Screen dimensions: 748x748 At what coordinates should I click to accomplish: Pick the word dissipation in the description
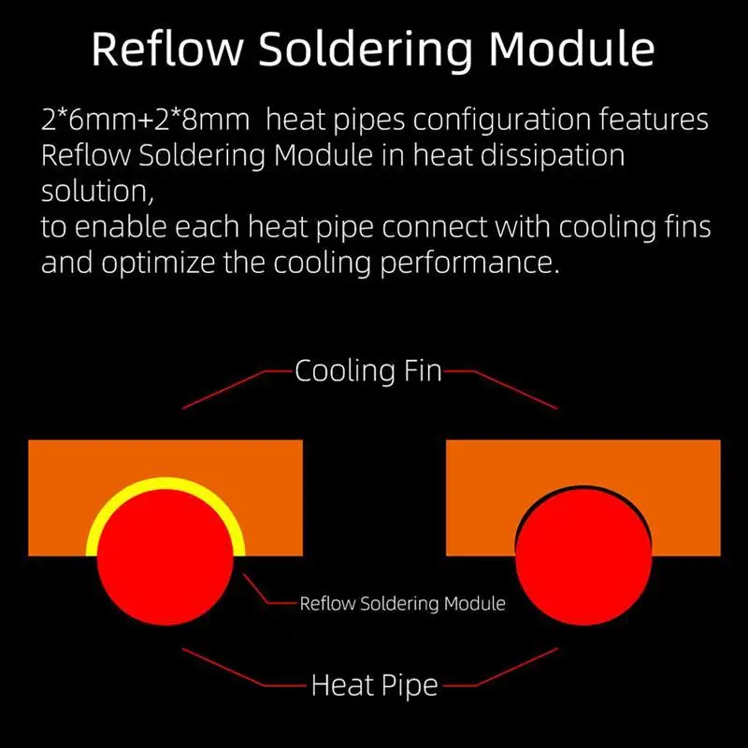tap(547, 155)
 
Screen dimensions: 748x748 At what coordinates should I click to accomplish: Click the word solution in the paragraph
tap(93, 191)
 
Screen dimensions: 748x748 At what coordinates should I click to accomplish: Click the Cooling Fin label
tap(367, 371)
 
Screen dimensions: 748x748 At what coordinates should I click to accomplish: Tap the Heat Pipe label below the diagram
tap(374, 685)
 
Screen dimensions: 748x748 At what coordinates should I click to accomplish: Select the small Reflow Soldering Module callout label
tap(402, 604)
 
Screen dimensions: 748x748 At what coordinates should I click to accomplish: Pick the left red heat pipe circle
tap(165, 552)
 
